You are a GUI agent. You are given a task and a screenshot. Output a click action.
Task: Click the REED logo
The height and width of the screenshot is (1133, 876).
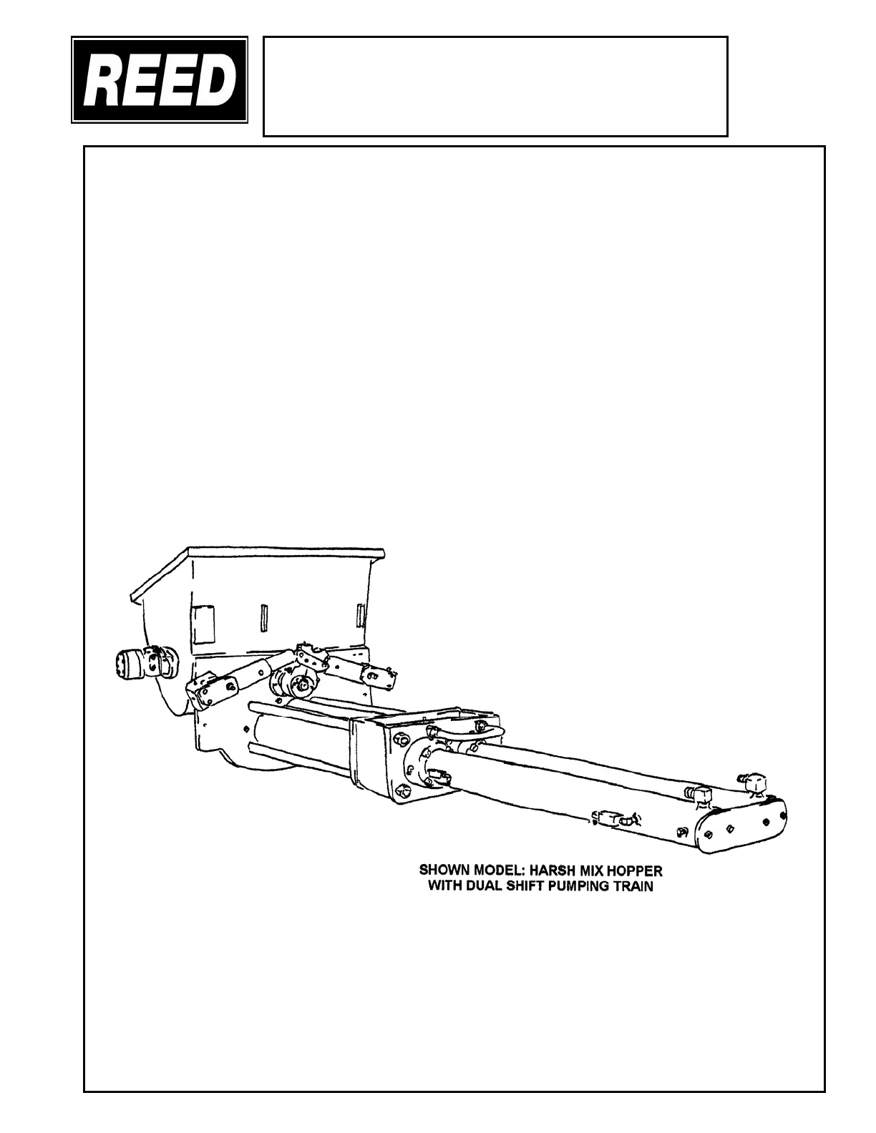pos(160,80)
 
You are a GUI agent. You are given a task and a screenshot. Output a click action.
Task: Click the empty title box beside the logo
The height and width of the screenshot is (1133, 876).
pos(495,86)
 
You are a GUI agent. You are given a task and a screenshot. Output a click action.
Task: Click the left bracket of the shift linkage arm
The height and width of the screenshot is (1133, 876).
pos(208,687)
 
